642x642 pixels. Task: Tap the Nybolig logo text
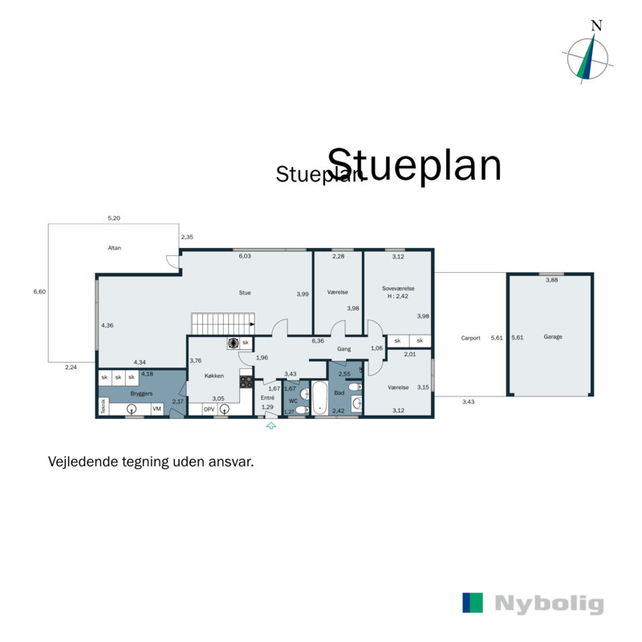[549, 604]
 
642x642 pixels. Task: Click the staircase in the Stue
[221, 323]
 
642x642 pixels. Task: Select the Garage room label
[552, 337]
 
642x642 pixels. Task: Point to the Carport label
[471, 338]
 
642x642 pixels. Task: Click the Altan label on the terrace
[114, 248]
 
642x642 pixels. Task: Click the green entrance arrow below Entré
[271, 426]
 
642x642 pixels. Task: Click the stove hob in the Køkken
[246, 382]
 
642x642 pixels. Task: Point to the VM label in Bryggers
[157, 409]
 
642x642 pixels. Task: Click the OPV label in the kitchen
[209, 409]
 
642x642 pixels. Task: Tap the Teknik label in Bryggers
[103, 406]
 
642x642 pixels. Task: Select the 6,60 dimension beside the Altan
[40, 292]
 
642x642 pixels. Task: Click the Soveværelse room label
[397, 287]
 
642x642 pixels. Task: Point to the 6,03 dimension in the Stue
[245, 256]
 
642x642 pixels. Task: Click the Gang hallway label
[344, 349]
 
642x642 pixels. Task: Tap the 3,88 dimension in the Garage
[552, 279]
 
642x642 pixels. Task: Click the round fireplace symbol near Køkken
[232, 343]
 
